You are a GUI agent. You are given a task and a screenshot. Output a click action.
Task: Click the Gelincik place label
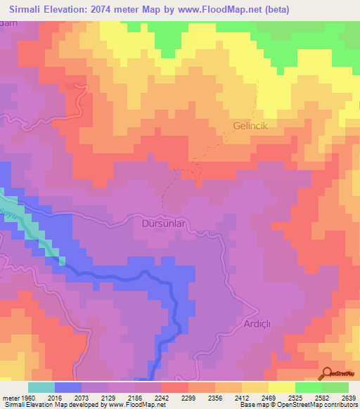click(251, 126)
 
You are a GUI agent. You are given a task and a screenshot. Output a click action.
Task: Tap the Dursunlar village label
click(163, 224)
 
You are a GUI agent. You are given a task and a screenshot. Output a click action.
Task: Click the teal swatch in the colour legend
click(41, 387)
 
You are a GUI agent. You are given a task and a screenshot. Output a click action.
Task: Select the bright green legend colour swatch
click(309, 387)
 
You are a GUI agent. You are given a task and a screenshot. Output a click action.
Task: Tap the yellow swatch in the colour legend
click(282, 387)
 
